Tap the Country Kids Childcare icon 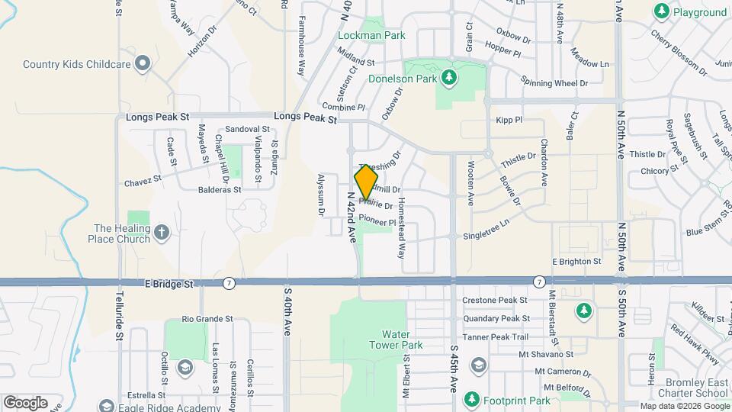pyautogui.click(x=142, y=64)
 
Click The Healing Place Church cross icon pyautogui.click(x=161, y=233)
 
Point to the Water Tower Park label pyautogui.click(x=402, y=340)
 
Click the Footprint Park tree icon pyautogui.click(x=472, y=400)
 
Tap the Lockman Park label pyautogui.click(x=372, y=35)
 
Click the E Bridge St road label pyautogui.click(x=169, y=283)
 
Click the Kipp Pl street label pyautogui.click(x=509, y=120)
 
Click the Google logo pyautogui.click(x=25, y=402)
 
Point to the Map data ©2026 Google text pyautogui.click(x=683, y=406)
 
